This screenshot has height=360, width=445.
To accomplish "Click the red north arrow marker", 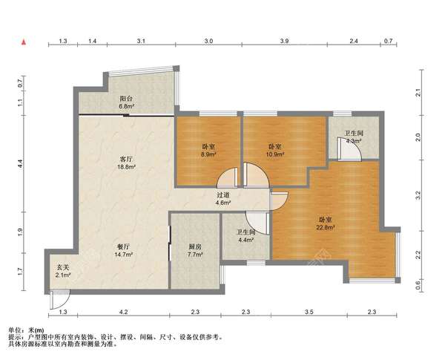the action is pyautogui.click(x=24, y=42).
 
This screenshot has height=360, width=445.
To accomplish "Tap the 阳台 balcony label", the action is pyautogui.click(x=126, y=99).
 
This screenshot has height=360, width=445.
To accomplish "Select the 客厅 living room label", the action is pyautogui.click(x=126, y=159).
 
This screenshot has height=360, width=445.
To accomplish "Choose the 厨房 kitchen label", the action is pyautogui.click(x=194, y=246).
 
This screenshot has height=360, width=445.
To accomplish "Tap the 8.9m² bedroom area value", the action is pyautogui.click(x=208, y=154).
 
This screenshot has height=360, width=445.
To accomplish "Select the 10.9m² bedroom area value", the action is pyautogui.click(x=275, y=154).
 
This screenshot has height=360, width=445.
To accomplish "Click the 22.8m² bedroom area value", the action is pyautogui.click(x=326, y=227).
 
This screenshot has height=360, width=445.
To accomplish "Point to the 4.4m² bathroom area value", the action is pyautogui.click(x=245, y=240).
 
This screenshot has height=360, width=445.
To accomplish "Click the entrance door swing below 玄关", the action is pyautogui.click(x=59, y=299).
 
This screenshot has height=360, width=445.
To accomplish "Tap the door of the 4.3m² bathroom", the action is pyautogui.click(x=349, y=148).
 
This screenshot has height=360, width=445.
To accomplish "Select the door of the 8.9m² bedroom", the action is pyautogui.click(x=227, y=177).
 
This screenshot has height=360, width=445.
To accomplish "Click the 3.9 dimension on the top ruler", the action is pyautogui.click(x=284, y=41).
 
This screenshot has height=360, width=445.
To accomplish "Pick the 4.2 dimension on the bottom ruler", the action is pyautogui.click(x=123, y=312).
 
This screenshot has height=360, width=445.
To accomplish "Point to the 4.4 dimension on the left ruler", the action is pyautogui.click(x=20, y=163).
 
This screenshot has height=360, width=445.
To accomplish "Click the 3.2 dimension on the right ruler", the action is pyautogui.click(x=418, y=195).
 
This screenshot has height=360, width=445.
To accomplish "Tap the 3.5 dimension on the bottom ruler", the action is pyautogui.click(x=309, y=312).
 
